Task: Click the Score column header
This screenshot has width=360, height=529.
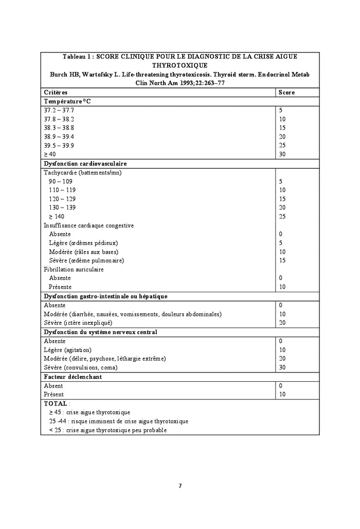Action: point(286,92)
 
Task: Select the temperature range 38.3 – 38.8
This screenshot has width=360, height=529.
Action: point(59,128)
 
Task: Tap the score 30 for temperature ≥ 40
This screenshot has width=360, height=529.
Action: point(282,154)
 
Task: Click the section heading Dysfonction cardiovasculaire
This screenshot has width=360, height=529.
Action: point(85,163)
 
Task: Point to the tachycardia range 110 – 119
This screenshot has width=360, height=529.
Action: point(62,190)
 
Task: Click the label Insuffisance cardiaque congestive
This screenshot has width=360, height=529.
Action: point(89,225)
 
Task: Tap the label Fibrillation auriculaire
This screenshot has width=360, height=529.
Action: point(74,269)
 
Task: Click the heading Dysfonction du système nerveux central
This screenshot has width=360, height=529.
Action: point(100,332)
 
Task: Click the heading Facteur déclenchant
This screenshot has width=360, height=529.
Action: point(73,377)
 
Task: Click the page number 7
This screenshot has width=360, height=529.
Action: point(180,486)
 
